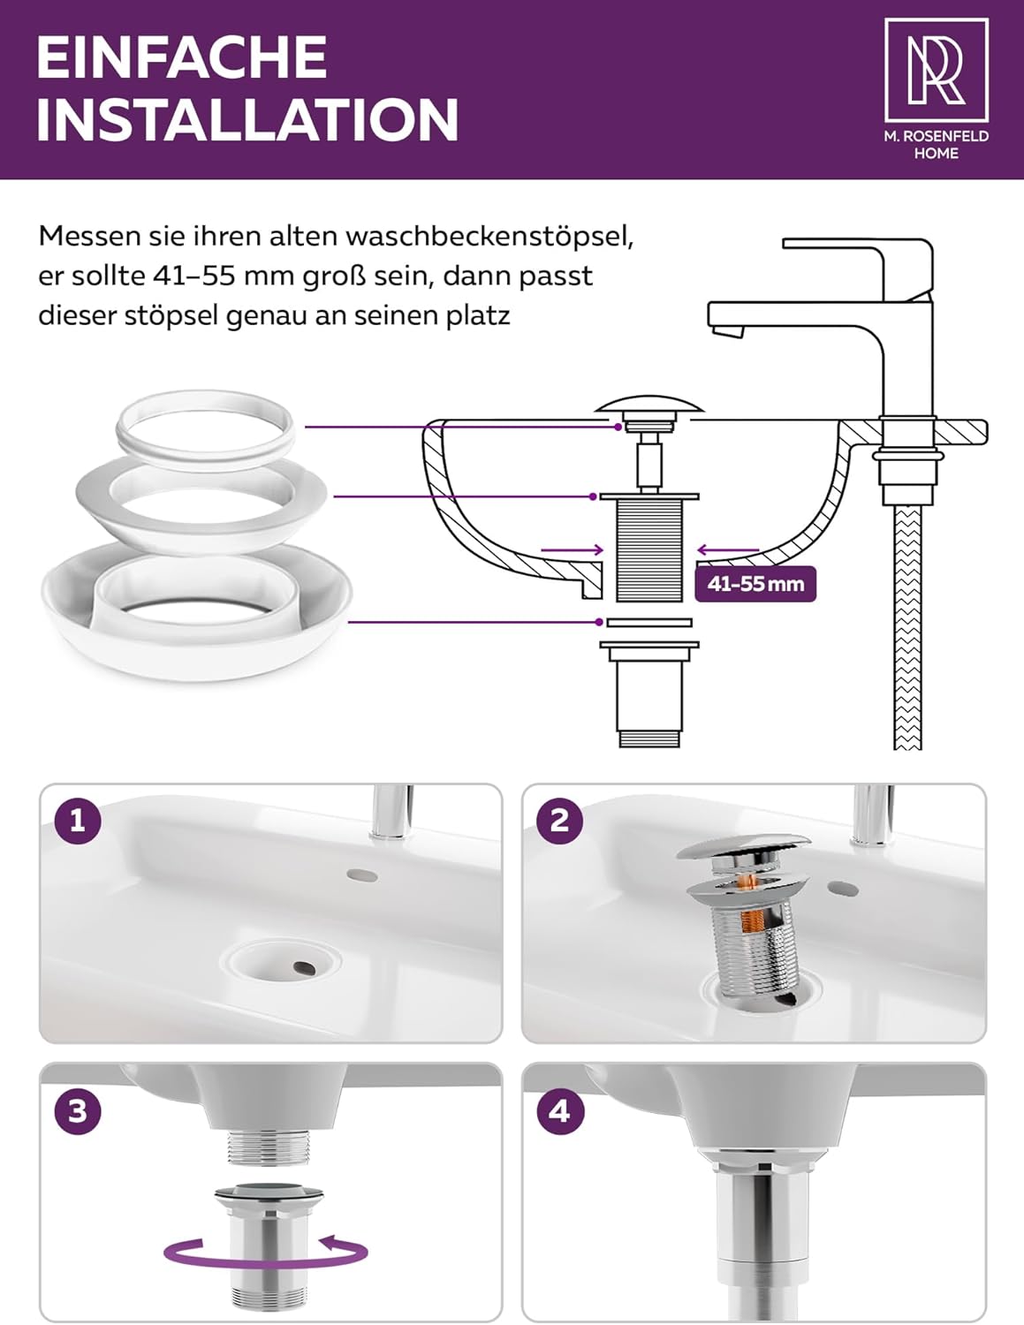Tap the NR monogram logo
click(x=937, y=70)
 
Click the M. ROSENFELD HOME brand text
click(x=937, y=145)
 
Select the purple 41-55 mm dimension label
click(x=755, y=584)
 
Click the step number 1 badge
click(x=78, y=821)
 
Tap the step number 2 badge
click(x=560, y=821)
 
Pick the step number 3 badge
click(x=78, y=1111)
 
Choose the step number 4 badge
click(x=560, y=1111)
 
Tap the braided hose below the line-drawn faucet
click(x=907, y=627)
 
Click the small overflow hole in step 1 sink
click(x=362, y=875)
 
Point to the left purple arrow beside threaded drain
click(x=572, y=550)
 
